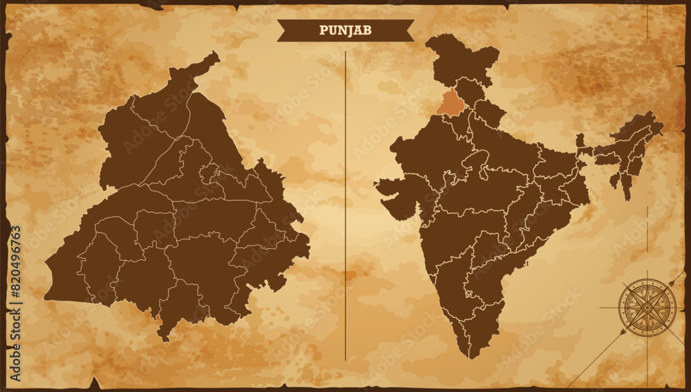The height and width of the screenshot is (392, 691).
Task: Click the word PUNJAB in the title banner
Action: coord(345,30)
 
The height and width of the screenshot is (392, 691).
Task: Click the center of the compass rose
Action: coord(647,308)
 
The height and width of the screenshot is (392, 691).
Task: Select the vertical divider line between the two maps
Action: coord(345,207)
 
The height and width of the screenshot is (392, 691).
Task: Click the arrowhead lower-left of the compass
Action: coord(622,333)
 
